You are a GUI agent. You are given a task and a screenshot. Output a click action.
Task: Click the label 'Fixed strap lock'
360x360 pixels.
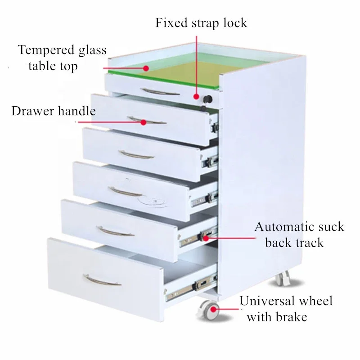pyautogui.click(x=201, y=22)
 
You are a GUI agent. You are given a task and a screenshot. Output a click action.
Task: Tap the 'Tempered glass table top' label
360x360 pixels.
pyautogui.click(x=62, y=58)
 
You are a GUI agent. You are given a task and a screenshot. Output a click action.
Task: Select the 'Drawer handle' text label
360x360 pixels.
pyautogui.click(x=54, y=111)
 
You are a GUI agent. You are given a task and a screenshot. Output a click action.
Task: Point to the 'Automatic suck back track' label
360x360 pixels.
pyautogui.click(x=298, y=234)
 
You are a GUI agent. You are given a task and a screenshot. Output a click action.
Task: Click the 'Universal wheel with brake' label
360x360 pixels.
pyautogui.click(x=285, y=309)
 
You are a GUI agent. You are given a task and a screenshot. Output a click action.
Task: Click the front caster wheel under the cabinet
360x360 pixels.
pyautogui.click(x=209, y=310)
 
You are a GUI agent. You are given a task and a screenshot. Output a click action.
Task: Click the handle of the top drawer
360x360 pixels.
pyautogui.click(x=159, y=91)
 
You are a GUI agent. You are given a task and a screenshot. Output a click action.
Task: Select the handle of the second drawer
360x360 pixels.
pyautogui.click(x=146, y=121)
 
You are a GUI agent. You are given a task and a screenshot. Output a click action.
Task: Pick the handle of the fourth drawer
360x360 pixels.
pyautogui.click(x=126, y=192)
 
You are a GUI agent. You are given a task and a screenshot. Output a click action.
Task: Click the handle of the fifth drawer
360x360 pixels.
pyautogui.click(x=116, y=232)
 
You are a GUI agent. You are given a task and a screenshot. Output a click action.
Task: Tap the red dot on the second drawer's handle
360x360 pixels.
pyautogui.click(x=143, y=121)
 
